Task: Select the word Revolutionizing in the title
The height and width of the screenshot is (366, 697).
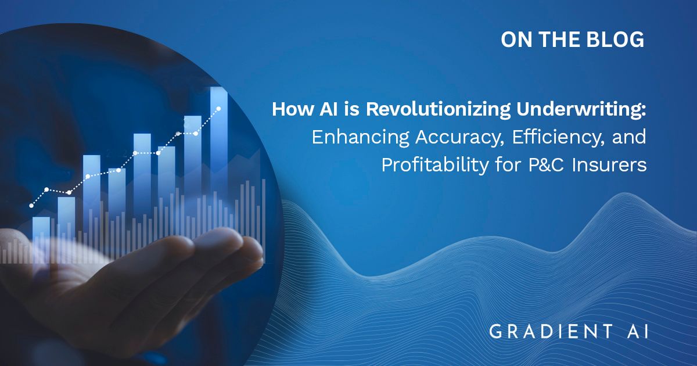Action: coord(438,110)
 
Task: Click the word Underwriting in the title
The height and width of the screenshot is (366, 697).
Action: coord(581,110)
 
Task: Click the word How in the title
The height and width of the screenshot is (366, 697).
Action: coord(292,109)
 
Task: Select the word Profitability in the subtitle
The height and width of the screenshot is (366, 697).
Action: coord(435,165)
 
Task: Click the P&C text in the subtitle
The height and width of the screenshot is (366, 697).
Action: coord(546,165)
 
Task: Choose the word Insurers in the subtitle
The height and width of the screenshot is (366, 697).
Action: coord(609,165)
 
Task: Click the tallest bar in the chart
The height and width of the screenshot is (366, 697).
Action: coord(219,140)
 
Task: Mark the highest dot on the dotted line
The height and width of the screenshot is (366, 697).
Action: coord(219,109)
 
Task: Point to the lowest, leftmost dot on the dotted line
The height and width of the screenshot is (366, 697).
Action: coord(31,206)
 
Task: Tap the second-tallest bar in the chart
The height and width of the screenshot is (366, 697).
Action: coord(193,156)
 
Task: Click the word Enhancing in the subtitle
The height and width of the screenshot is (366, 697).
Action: coord(360,137)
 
